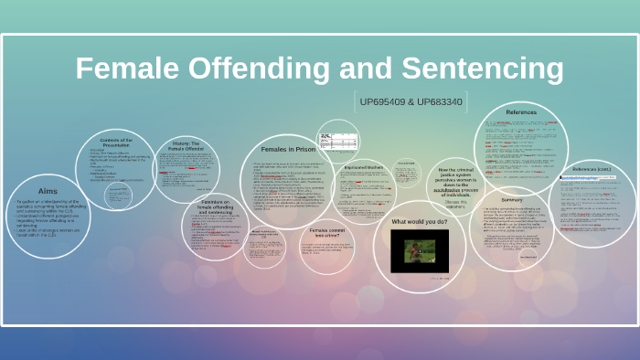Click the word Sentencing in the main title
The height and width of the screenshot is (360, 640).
click(x=485, y=69)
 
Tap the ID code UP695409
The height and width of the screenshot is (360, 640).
click(x=384, y=102)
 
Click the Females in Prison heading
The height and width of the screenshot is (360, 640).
click(x=289, y=148)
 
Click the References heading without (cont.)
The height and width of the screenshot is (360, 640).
click(x=520, y=112)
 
